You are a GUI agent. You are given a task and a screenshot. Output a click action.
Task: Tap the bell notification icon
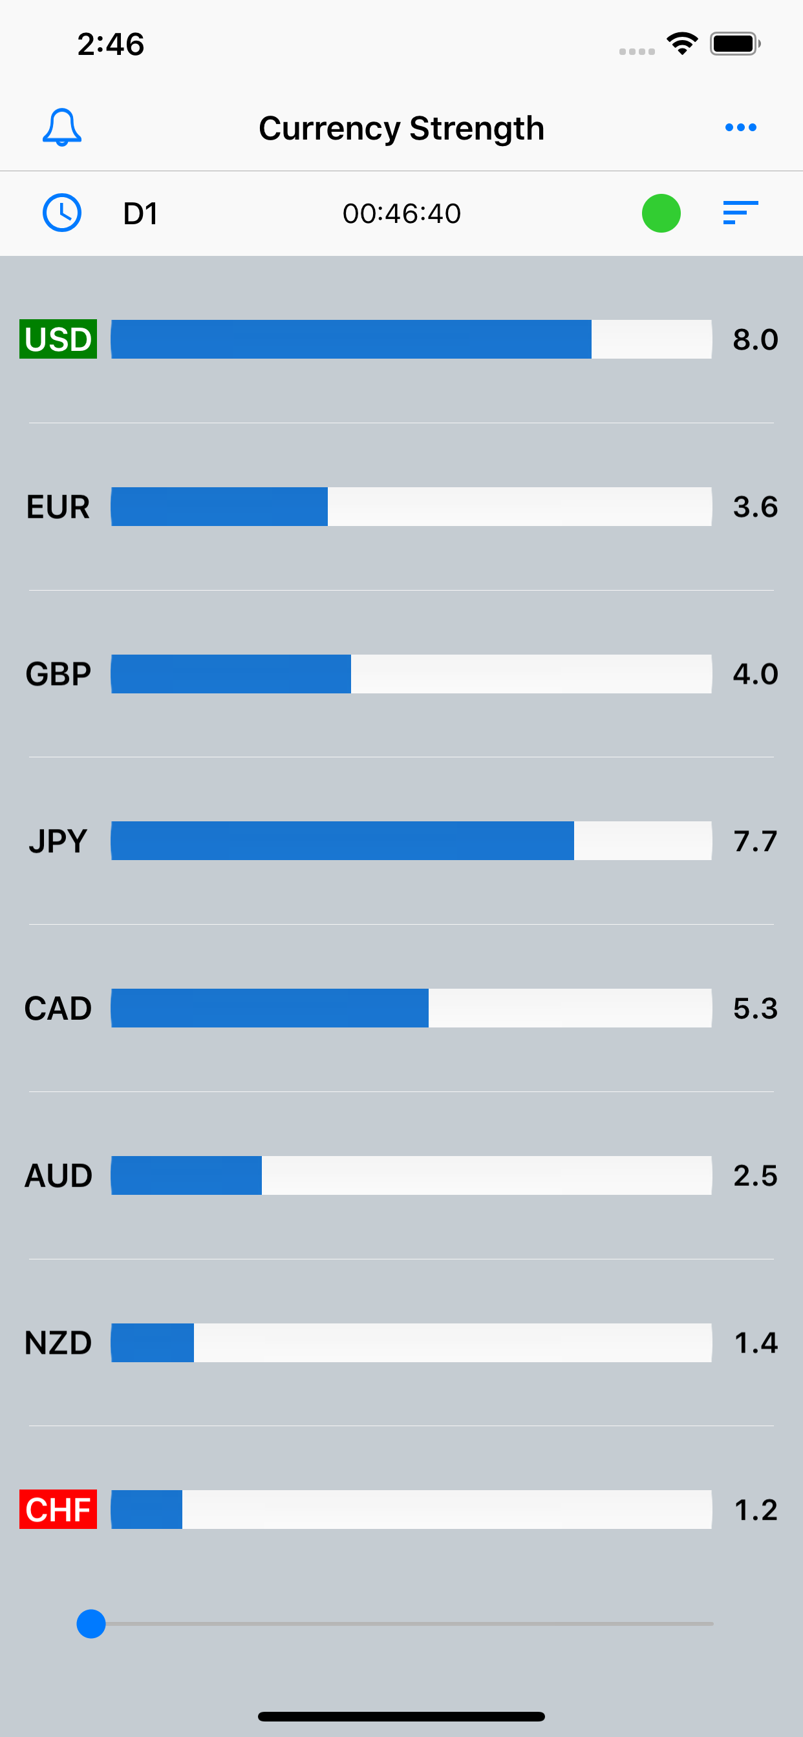point(62,127)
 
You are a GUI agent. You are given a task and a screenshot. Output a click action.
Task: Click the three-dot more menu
point(740,127)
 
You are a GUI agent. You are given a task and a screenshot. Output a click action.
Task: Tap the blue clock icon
point(62,213)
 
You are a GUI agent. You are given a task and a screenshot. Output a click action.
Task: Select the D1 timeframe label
point(140,214)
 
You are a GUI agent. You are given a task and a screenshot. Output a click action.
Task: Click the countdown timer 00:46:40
point(401,214)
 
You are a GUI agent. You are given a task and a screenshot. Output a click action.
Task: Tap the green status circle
point(661,213)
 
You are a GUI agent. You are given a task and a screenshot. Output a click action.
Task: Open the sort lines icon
point(740,213)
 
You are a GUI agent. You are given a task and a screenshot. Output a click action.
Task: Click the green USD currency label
point(58,339)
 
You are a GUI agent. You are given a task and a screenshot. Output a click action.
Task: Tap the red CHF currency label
point(58,1509)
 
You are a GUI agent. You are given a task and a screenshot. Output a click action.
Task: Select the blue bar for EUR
point(219,507)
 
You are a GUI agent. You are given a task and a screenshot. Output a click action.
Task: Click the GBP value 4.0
point(755,674)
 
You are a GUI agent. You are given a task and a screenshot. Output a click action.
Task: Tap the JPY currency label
point(58,841)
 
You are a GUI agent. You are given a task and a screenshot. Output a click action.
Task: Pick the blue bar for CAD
point(270,1008)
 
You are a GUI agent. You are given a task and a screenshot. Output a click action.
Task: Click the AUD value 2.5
point(755,1176)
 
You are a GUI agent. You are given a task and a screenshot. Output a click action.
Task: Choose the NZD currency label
point(58,1343)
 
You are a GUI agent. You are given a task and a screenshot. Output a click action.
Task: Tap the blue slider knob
point(91,1624)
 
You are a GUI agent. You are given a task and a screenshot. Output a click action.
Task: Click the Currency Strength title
point(401,128)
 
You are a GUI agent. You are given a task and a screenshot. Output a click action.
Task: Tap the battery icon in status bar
point(734,44)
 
